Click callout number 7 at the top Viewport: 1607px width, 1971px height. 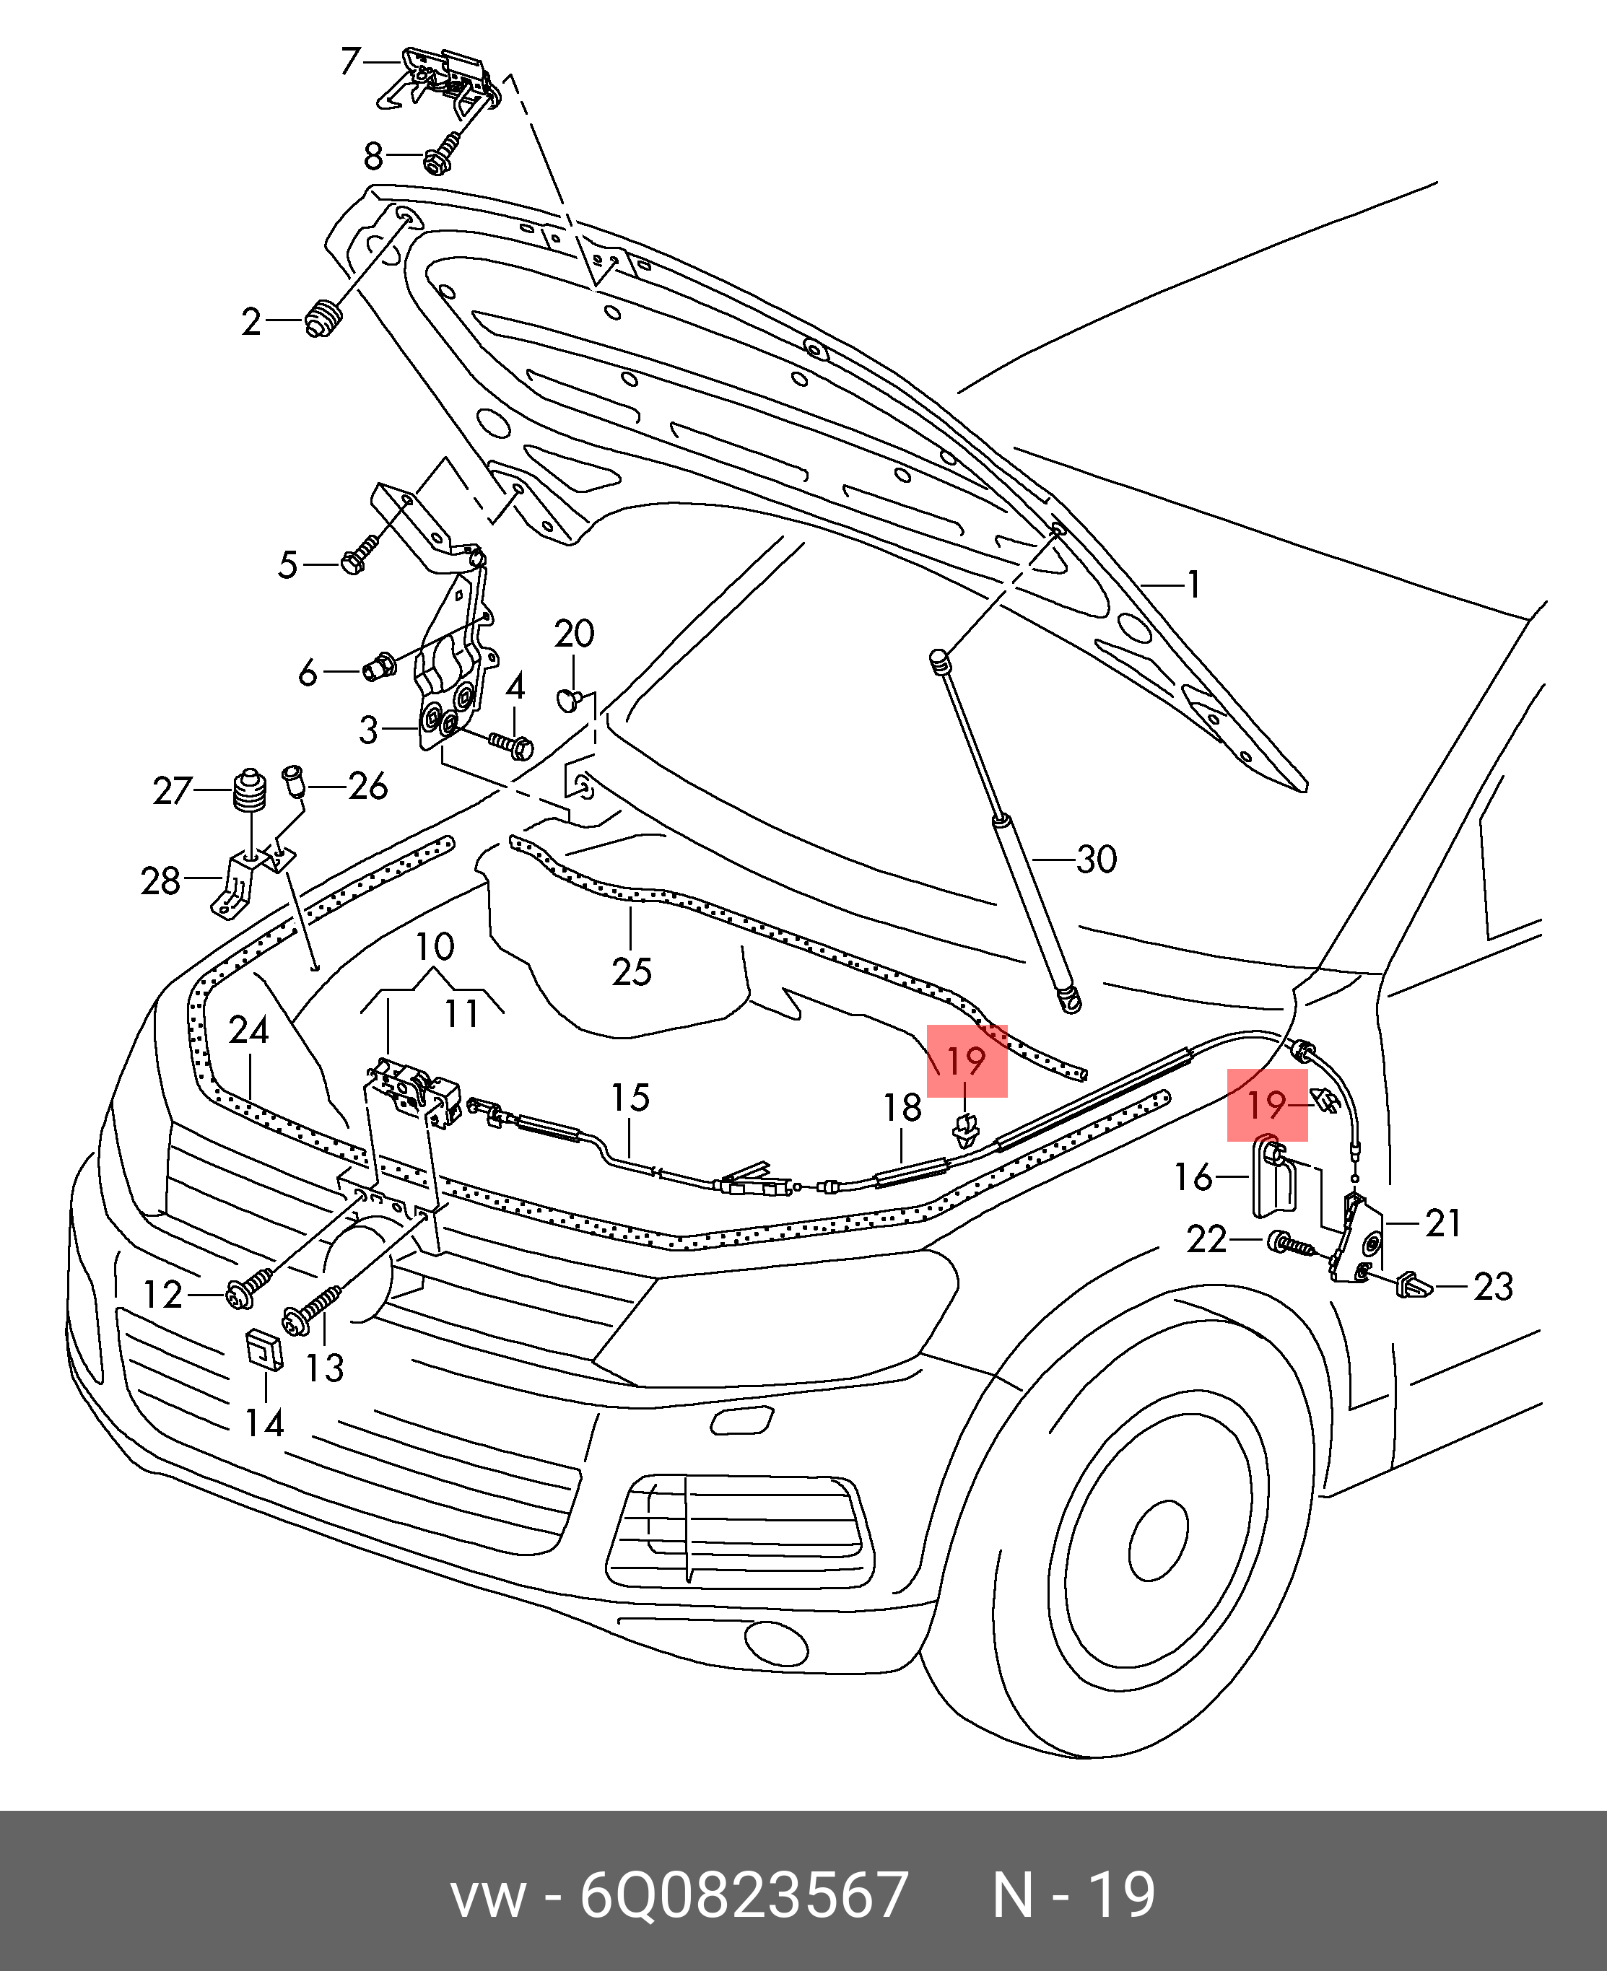350,61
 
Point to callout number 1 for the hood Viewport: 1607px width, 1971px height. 1194,585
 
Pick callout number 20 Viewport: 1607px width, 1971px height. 574,634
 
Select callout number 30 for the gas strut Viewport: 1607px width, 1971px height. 1097,860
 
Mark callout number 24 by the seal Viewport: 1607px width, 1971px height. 249,1030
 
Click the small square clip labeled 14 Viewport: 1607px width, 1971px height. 264,1350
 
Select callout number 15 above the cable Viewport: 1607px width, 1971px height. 630,1098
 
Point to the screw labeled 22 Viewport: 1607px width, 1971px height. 1289,1243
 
